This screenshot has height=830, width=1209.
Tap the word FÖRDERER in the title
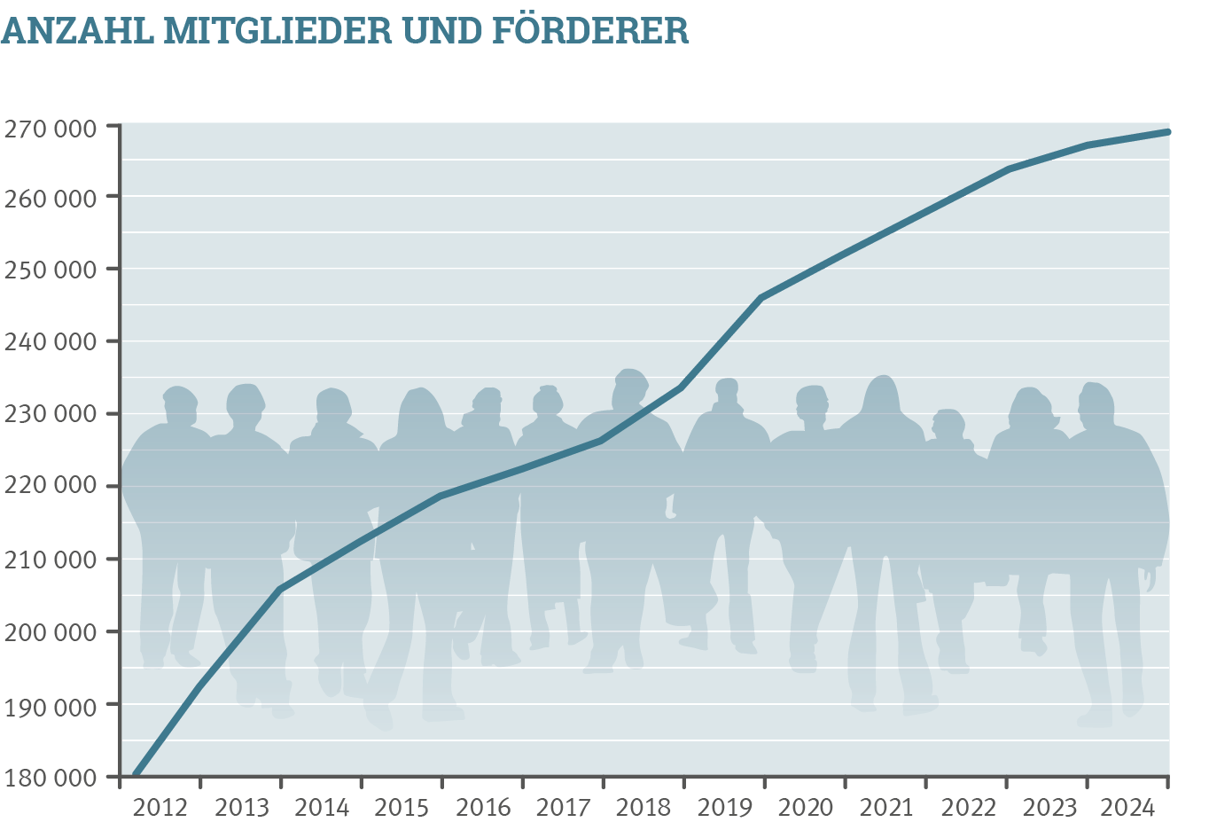pos(589,30)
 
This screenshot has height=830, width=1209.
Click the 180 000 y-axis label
pos(50,778)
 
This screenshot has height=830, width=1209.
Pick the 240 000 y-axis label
pos(50,341)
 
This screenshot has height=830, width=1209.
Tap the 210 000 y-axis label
pos(50,560)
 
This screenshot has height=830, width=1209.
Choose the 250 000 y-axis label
pos(50,269)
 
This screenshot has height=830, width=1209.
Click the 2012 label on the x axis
pos(160,808)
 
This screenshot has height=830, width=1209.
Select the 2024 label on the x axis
pos(1127,808)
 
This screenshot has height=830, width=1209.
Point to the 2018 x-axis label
pos(643,808)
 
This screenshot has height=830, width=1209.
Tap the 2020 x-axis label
pos(806,808)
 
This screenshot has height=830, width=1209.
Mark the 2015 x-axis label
pos(402,808)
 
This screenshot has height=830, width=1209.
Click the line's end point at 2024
pos(1167,132)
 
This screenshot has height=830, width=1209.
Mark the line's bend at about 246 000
pos(762,298)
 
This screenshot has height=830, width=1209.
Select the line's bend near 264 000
pos(1009,169)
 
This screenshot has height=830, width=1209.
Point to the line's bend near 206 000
pos(280,589)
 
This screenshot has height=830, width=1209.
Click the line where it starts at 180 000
pos(136,776)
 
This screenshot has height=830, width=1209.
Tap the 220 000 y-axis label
pos(50,486)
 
